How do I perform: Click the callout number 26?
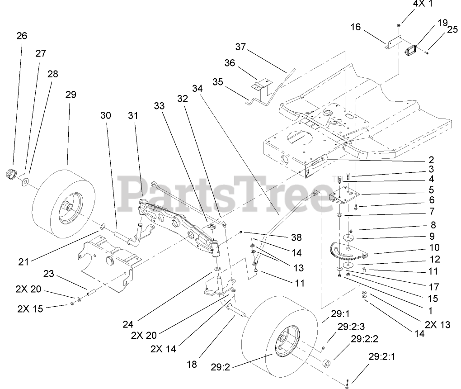click(22, 35)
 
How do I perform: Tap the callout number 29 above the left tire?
click(71, 95)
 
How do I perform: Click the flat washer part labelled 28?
click(25, 181)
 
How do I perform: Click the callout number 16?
click(356, 27)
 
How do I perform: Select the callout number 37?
click(240, 47)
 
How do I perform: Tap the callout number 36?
click(230, 63)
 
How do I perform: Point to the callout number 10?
click(434, 247)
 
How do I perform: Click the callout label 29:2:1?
click(381, 357)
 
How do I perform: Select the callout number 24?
click(128, 324)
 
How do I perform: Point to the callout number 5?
click(432, 190)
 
